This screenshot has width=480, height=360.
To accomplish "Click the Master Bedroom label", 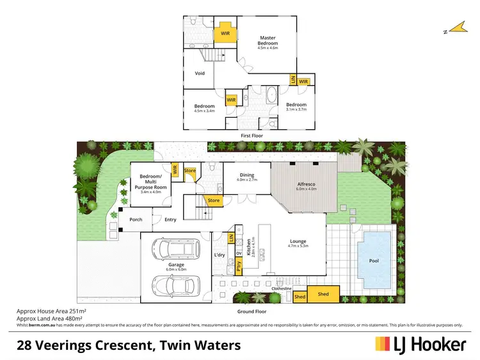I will point(268,40).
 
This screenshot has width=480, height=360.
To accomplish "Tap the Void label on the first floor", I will point(200,74).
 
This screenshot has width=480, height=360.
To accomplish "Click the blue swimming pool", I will point(374,260).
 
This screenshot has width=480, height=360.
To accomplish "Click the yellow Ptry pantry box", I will point(238,263).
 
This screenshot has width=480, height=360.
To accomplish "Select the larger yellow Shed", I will point(323,295).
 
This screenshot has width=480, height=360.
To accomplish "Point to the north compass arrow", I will point(456,27).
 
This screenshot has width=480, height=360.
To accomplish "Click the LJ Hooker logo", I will point(420,345).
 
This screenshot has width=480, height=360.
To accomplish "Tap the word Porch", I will point(136,219).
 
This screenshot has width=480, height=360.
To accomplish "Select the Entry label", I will point(170,219).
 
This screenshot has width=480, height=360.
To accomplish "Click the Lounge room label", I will point(298,240).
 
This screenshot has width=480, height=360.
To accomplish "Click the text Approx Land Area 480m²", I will point(51,317).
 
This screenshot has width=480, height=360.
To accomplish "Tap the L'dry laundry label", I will point(220,255).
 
